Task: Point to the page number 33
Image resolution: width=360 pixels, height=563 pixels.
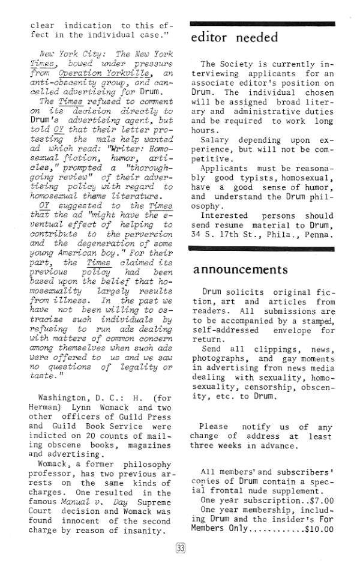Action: click(180, 547)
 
